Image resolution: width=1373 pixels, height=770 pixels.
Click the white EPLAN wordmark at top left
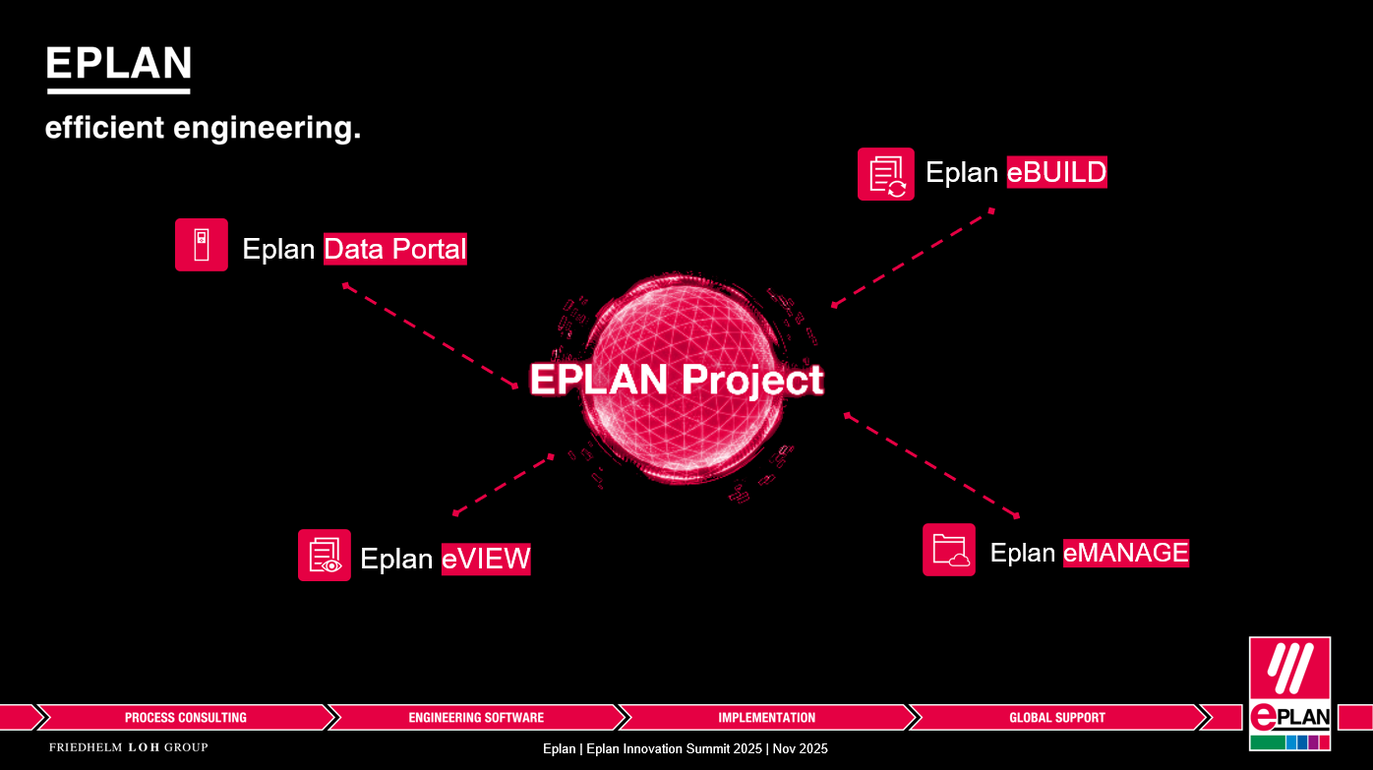[119, 69]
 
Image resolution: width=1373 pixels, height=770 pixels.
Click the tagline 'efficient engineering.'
[203, 128]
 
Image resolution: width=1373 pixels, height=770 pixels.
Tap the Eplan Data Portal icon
[201, 245]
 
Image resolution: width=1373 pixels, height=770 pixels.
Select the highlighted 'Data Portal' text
[394, 249]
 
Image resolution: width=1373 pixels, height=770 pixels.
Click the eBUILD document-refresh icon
[886, 174]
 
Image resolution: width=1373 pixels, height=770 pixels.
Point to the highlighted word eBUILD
[1056, 172]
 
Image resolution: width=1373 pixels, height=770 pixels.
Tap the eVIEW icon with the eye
[325, 555]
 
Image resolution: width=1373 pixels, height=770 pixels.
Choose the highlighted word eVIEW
[486, 559]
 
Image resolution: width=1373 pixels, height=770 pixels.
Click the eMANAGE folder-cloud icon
[949, 550]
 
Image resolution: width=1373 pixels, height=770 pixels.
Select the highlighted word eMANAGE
[1126, 553]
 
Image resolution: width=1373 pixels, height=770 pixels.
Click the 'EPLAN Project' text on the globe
[677, 380]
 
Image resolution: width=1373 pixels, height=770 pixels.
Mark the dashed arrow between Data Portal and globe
[430, 335]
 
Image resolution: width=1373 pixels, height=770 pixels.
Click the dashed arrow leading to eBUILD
[913, 258]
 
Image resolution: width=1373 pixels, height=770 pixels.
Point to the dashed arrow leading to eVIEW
[504, 485]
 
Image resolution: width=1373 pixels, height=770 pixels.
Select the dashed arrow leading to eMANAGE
[931, 466]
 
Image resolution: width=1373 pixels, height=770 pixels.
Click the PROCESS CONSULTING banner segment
[186, 717]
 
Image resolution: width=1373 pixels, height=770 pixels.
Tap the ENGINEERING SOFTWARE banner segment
[476, 717]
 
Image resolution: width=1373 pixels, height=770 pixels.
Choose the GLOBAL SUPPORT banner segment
[1057, 717]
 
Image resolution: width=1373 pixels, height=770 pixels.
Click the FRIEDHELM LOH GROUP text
[129, 747]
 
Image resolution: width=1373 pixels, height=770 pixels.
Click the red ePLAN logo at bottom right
[1289, 693]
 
